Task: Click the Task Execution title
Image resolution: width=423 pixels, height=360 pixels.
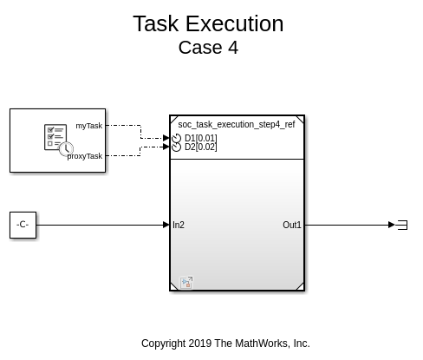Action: pyautogui.click(x=208, y=23)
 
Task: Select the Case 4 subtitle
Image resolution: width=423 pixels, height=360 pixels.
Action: pyautogui.click(x=208, y=48)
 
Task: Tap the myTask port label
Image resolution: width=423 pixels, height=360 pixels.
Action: pyautogui.click(x=89, y=126)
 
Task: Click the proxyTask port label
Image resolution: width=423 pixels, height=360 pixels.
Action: pyautogui.click(x=85, y=156)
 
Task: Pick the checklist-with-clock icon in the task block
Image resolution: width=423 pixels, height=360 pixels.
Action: pyautogui.click(x=59, y=140)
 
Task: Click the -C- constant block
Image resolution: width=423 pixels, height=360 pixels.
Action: pyautogui.click(x=23, y=225)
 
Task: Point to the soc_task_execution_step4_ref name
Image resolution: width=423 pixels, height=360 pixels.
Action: pyautogui.click(x=237, y=124)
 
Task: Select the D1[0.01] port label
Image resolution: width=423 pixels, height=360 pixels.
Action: pyautogui.click(x=201, y=138)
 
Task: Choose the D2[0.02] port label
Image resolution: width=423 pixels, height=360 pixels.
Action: pyautogui.click(x=201, y=147)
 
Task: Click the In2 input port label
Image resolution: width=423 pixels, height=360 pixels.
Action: pyautogui.click(x=179, y=225)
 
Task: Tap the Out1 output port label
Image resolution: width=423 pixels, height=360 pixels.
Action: pyautogui.click(x=292, y=225)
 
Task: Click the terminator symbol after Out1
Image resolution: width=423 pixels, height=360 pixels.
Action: pyautogui.click(x=402, y=225)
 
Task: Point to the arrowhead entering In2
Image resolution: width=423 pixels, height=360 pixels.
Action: pyautogui.click(x=166, y=225)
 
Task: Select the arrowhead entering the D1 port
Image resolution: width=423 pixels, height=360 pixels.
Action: pyautogui.click(x=166, y=138)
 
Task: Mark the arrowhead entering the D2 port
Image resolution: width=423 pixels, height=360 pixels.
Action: pyautogui.click(x=166, y=147)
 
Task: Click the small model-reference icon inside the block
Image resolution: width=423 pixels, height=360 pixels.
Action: pyautogui.click(x=186, y=283)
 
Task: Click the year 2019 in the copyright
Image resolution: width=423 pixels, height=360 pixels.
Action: pyautogui.click(x=200, y=344)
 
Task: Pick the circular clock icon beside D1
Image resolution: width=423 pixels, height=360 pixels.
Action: pyautogui.click(x=176, y=138)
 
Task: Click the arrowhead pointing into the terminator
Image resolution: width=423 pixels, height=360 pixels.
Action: pyautogui.click(x=392, y=225)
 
